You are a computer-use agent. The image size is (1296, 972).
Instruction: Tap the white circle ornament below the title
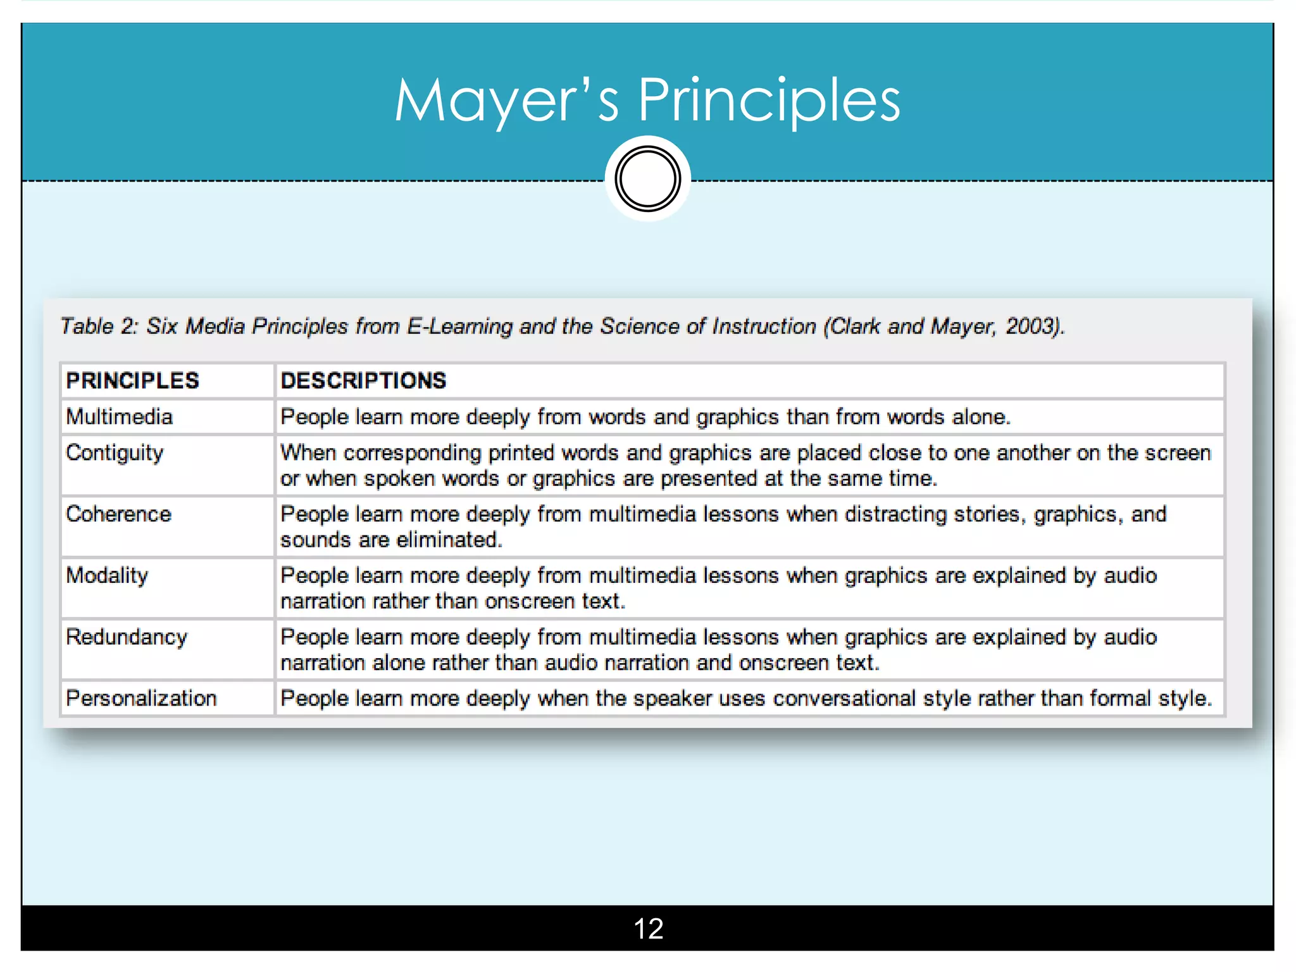pos(647,179)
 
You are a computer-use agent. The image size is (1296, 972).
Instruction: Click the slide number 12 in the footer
pos(648,928)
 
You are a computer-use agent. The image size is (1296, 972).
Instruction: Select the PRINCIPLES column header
pos(132,380)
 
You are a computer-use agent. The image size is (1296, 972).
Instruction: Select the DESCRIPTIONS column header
pos(363,380)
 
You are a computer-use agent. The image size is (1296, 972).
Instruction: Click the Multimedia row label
pos(120,416)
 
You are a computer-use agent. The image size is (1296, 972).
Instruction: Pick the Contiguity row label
pos(115,453)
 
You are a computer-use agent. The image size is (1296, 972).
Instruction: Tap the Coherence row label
pos(118,514)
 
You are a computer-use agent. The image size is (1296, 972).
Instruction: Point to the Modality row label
pos(107,576)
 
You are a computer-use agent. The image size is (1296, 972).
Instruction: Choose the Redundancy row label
pos(127,637)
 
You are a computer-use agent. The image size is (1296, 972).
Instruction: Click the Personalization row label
pos(141,698)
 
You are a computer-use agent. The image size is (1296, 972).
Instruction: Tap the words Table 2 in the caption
pos(98,326)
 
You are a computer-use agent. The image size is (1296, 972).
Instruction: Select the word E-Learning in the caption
pos(459,327)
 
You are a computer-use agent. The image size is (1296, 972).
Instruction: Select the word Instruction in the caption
pos(764,326)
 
